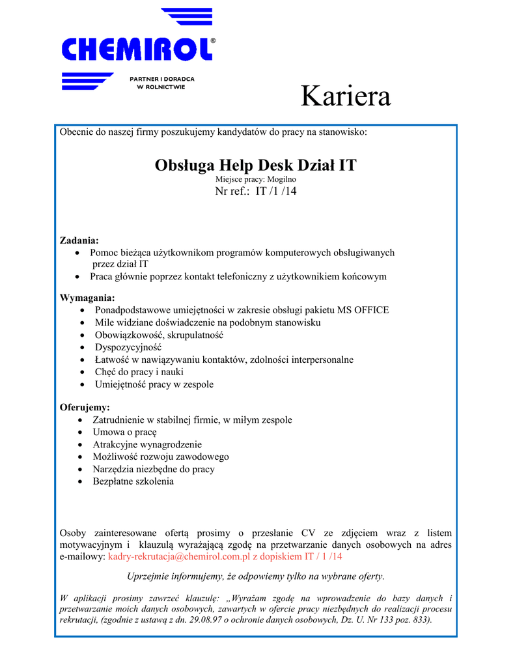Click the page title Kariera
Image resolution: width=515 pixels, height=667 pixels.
345,97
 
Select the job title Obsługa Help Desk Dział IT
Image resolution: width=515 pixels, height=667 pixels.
255,165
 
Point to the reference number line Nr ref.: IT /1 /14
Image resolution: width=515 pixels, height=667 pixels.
255,191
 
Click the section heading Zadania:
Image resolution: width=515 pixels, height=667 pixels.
79,240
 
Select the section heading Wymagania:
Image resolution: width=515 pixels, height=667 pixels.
87,298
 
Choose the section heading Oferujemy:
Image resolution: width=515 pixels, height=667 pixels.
85,407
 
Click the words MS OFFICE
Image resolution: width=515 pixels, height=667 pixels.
363,310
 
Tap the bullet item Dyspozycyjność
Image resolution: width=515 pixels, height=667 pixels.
128,347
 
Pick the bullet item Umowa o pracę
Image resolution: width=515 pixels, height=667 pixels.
124,432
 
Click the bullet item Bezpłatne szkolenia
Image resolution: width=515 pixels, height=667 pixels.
133,481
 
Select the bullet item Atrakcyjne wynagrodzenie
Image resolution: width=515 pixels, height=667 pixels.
147,444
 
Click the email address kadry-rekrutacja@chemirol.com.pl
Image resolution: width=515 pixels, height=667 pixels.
179,557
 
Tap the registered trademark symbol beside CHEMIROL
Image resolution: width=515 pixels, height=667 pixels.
213,40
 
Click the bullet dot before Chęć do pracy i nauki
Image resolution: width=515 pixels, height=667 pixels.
81,372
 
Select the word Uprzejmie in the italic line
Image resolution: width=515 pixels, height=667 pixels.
146,576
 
